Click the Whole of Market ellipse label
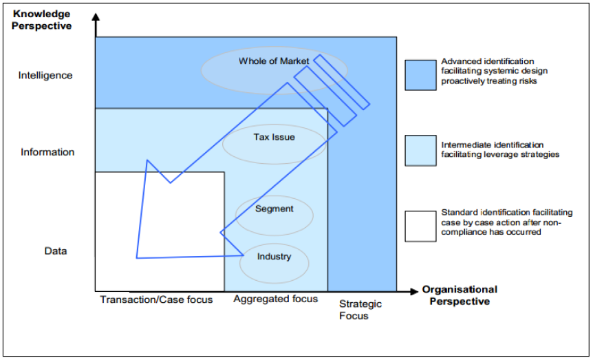pos(274,61)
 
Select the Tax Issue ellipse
pos(274,137)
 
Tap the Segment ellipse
pos(274,209)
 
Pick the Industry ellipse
pos(274,257)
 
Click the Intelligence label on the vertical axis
pos(45,75)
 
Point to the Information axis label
pos(47,152)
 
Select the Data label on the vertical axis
pos(56,251)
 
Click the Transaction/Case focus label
pos(156,300)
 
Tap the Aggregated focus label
pos(275,299)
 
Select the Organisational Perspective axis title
pos(460,295)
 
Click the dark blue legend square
pos(420,74)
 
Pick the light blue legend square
pos(420,149)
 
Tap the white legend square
pos(420,225)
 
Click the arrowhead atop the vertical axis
pos(96,19)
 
